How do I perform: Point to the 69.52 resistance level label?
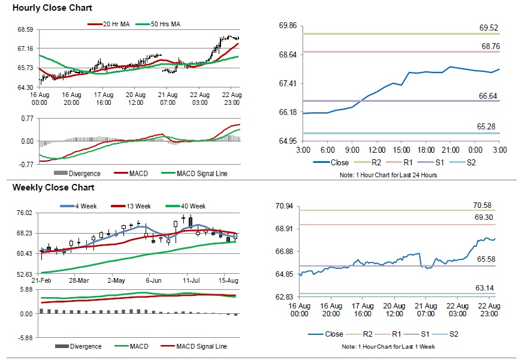click(488, 28)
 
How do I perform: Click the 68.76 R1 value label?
click(488, 46)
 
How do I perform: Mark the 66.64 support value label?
click(488, 96)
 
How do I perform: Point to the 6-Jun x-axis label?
click(154, 280)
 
